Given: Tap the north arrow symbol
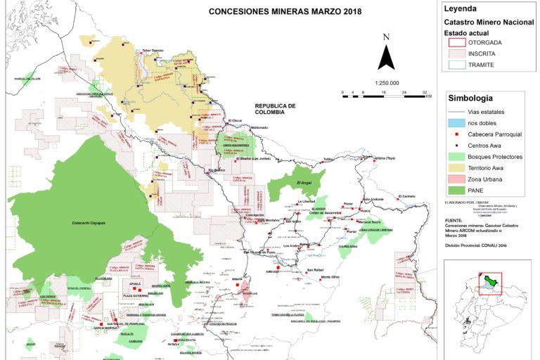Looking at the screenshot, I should pos(386,53).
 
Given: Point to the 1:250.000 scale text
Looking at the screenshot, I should pos(367,82).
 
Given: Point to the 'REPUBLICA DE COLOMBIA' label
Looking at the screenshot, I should pos(274,109).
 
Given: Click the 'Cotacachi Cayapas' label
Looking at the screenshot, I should pos(89,223).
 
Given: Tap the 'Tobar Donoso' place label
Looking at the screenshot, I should pos(153,50).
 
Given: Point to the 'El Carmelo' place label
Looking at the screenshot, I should pos(408,195).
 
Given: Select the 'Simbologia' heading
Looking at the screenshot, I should pos(470,98).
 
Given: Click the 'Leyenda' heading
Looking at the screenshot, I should pos(460,9).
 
